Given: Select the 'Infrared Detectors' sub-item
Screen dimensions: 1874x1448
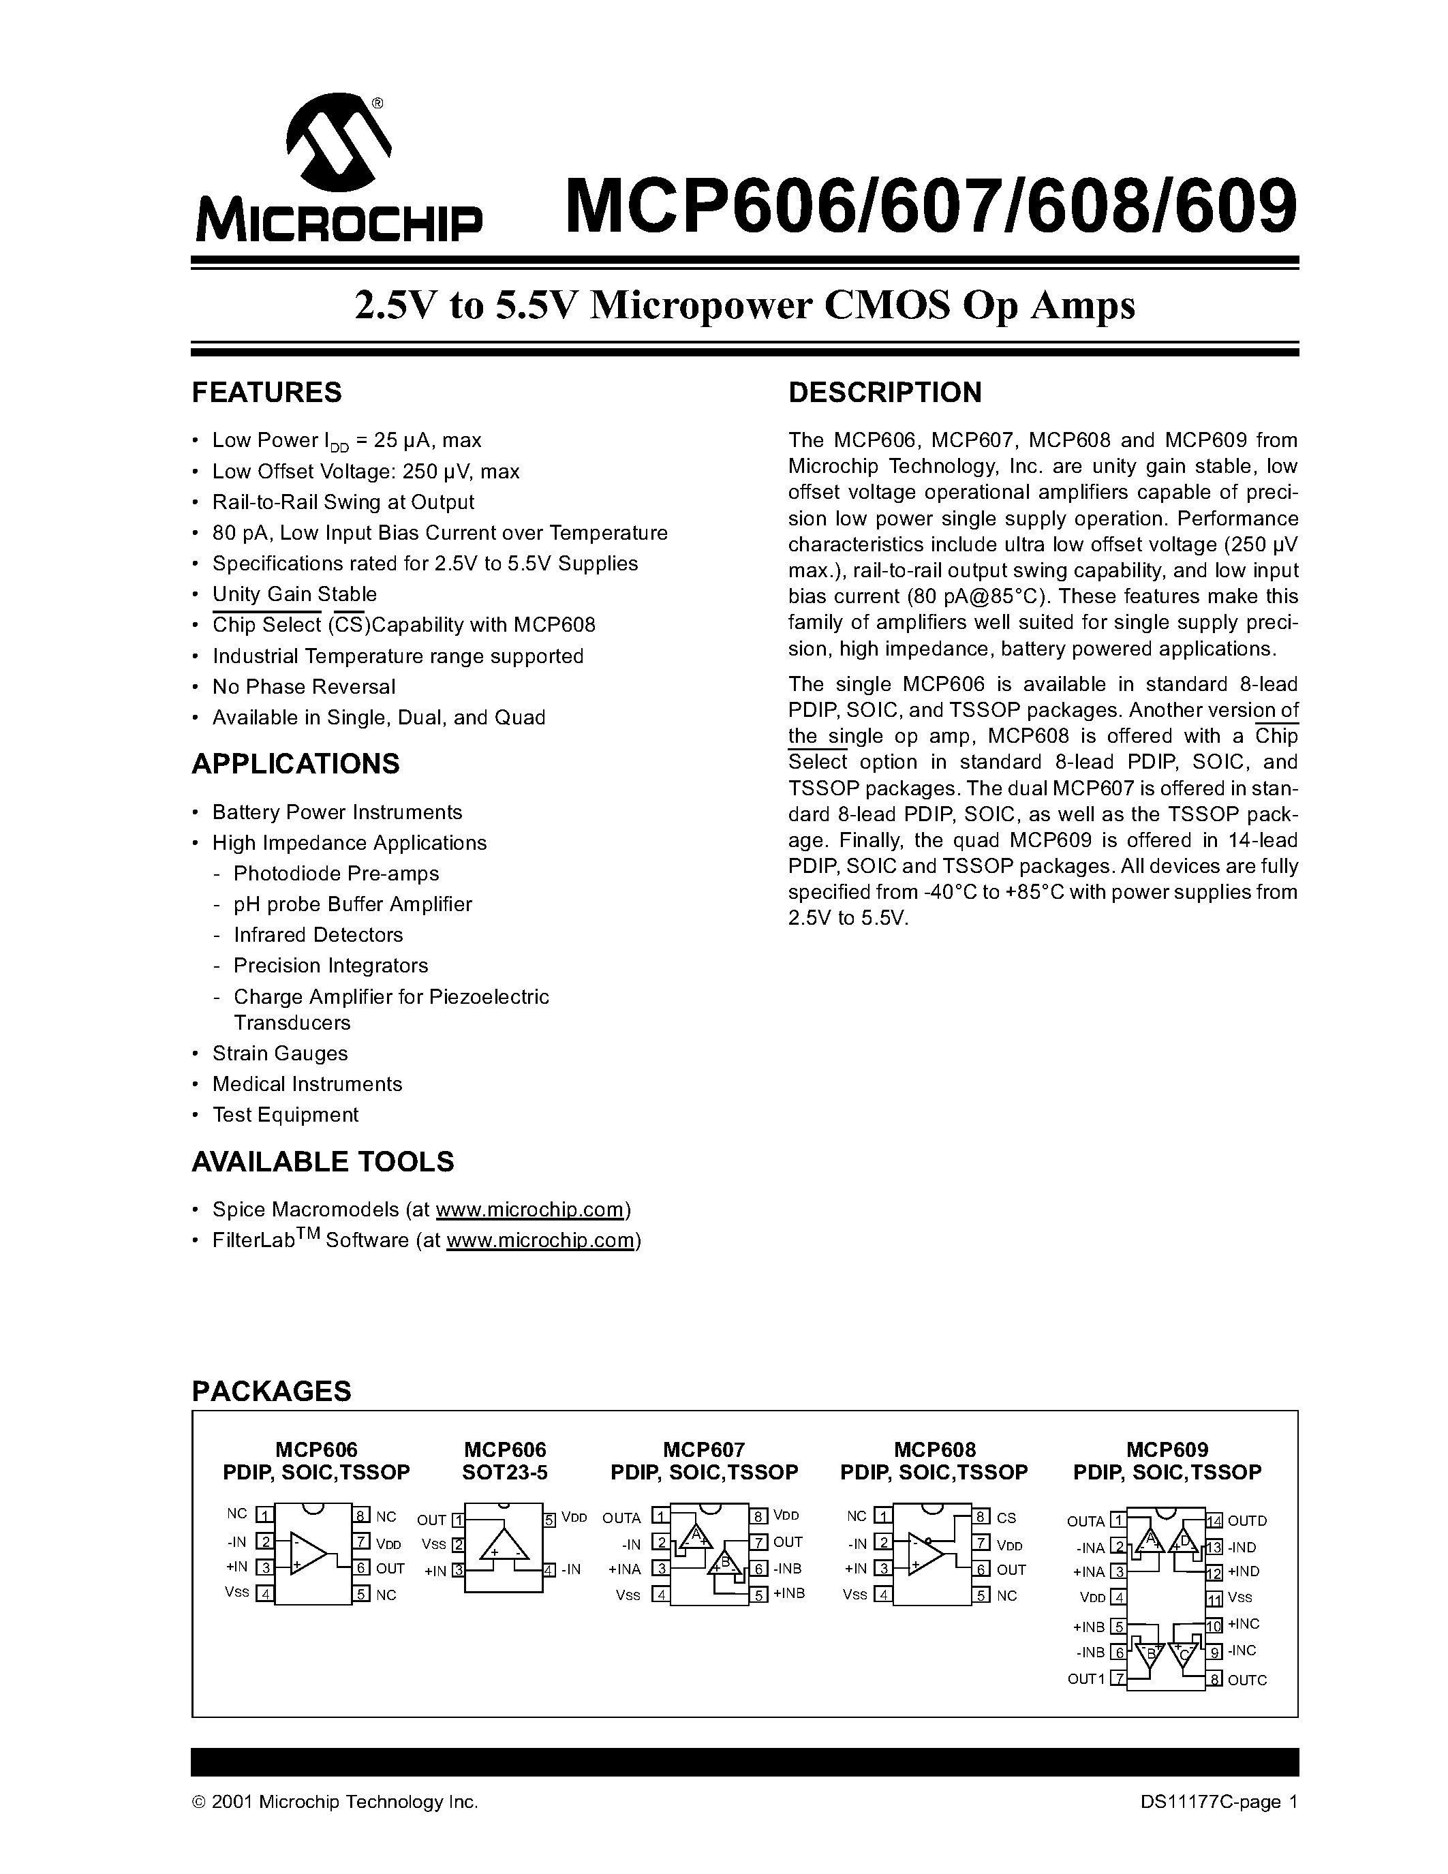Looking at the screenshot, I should (x=318, y=934).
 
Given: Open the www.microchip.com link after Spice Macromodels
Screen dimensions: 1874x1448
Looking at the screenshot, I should (x=529, y=1209).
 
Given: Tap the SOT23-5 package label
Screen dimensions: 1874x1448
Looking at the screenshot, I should (x=504, y=1473).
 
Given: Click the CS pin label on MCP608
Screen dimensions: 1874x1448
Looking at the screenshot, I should (x=1006, y=1518).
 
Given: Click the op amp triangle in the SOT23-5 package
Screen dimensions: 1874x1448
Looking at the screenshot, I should (x=504, y=1546).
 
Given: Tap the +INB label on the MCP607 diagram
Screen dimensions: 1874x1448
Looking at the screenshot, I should (x=788, y=1593).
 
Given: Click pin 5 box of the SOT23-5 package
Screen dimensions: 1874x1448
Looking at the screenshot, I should (x=550, y=1520).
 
